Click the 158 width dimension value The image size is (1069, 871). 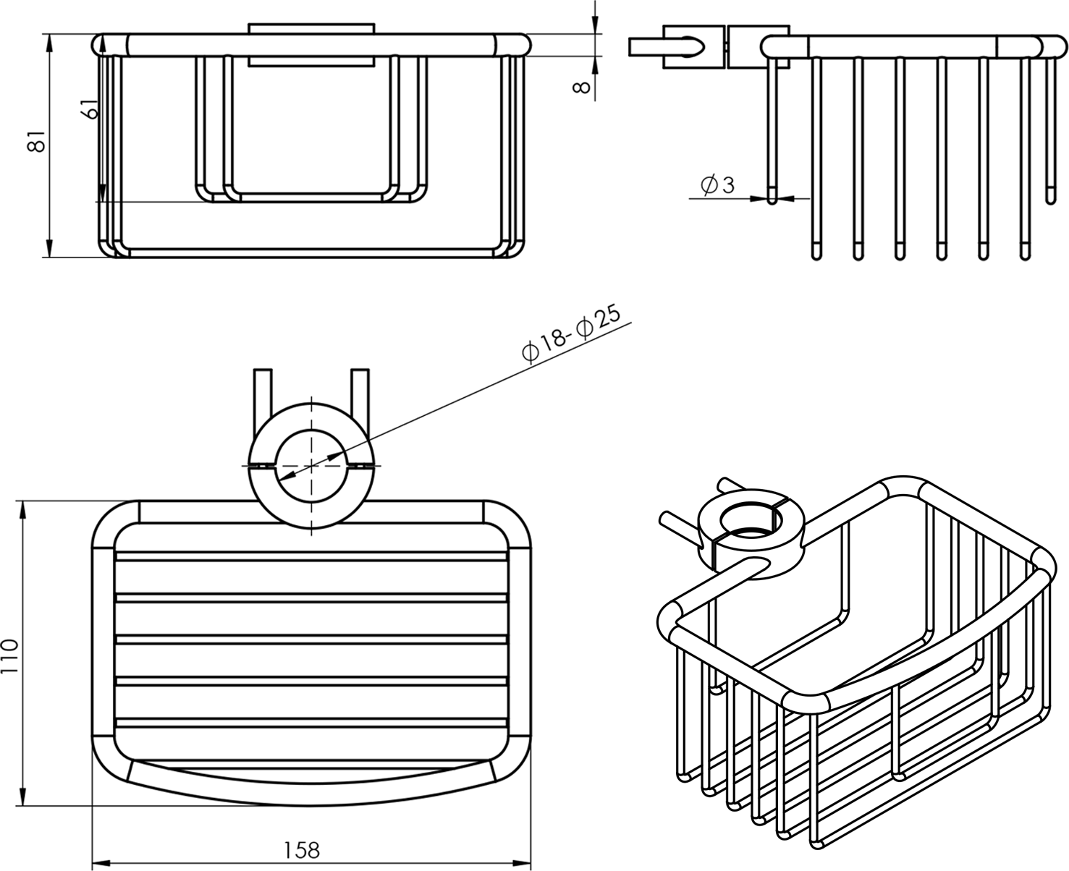coord(302,849)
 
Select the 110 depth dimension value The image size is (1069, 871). coord(9,656)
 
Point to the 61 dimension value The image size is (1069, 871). coord(89,109)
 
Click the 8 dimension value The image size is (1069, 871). coord(581,87)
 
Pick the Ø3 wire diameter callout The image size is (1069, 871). coord(717,185)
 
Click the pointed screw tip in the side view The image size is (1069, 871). coord(696,47)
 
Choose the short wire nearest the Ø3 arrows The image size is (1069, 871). coord(772,130)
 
